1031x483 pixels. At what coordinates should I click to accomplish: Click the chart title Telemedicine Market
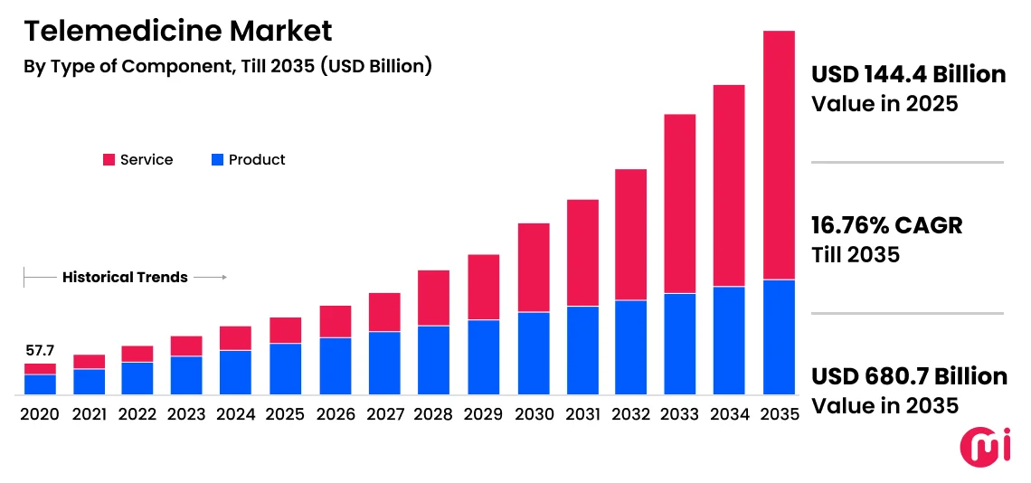click(x=177, y=31)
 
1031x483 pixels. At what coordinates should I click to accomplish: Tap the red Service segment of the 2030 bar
click(x=534, y=267)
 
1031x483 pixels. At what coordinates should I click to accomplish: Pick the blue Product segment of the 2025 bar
click(x=285, y=368)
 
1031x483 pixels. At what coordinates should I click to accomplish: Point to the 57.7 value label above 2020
click(x=40, y=350)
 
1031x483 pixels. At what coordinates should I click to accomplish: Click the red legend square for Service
click(x=109, y=160)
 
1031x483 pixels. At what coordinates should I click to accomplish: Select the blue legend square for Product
click(x=217, y=160)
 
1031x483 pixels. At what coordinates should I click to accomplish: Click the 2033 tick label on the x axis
click(x=680, y=414)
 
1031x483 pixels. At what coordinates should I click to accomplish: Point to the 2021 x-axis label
click(x=89, y=414)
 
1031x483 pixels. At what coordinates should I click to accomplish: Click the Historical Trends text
click(x=125, y=278)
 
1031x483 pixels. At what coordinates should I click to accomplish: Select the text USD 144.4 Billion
click(x=908, y=74)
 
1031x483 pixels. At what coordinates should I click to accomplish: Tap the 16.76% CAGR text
click(x=886, y=225)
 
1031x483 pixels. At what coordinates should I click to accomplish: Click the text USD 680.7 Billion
click(x=909, y=376)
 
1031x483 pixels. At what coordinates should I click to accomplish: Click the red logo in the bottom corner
click(x=983, y=450)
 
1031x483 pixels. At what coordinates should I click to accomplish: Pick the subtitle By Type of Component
click(x=227, y=66)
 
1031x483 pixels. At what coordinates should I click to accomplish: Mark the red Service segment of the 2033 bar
click(x=680, y=204)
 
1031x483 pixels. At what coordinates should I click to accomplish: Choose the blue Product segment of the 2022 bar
click(x=137, y=378)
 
